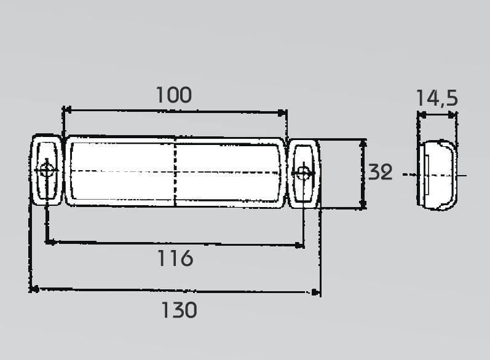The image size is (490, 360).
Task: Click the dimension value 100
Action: (x=174, y=95)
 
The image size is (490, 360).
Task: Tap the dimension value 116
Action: (x=175, y=258)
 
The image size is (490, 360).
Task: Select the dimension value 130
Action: (x=179, y=310)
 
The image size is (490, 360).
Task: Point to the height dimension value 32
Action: (x=380, y=172)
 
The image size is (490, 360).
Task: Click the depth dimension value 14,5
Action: (x=437, y=98)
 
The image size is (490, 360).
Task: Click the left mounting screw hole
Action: (x=47, y=170)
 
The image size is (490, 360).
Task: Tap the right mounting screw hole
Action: (x=303, y=173)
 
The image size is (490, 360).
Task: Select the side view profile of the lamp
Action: (x=437, y=175)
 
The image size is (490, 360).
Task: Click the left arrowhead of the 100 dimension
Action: (x=67, y=110)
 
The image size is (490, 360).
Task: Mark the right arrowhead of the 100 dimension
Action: (x=282, y=112)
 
